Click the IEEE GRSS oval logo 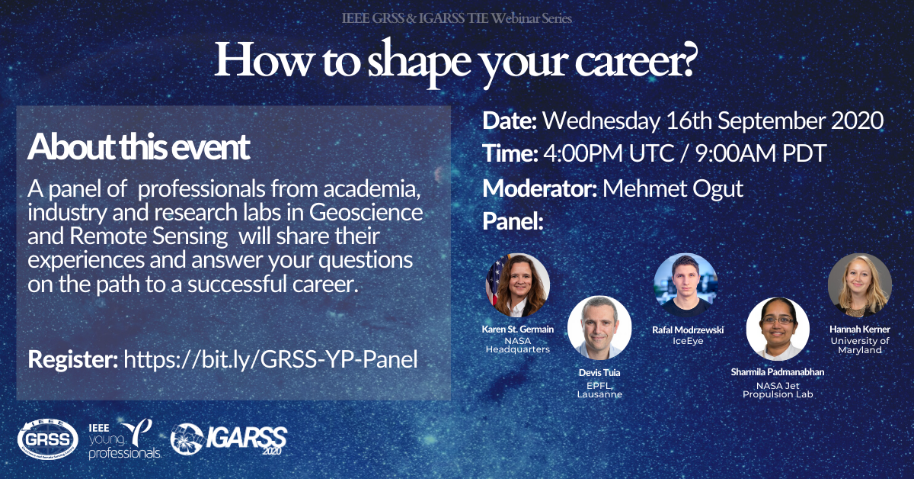tap(48, 440)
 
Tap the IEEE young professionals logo tap(124, 440)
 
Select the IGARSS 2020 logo tap(228, 439)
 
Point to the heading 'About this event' tap(139, 146)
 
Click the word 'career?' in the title tap(634, 60)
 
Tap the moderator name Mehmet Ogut tap(673, 189)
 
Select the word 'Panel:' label tap(513, 221)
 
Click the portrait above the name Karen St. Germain tap(518, 285)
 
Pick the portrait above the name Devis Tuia tap(599, 328)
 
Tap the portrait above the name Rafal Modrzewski tap(685, 285)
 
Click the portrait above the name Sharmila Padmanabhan tap(778, 329)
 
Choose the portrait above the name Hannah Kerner tap(860, 285)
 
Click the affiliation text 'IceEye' tap(688, 341)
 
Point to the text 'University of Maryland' tap(860, 346)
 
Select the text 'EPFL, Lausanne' tap(599, 390)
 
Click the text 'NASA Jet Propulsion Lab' tap(778, 390)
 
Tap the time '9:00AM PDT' tap(761, 153)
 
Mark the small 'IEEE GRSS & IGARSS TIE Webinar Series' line tap(456, 18)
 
